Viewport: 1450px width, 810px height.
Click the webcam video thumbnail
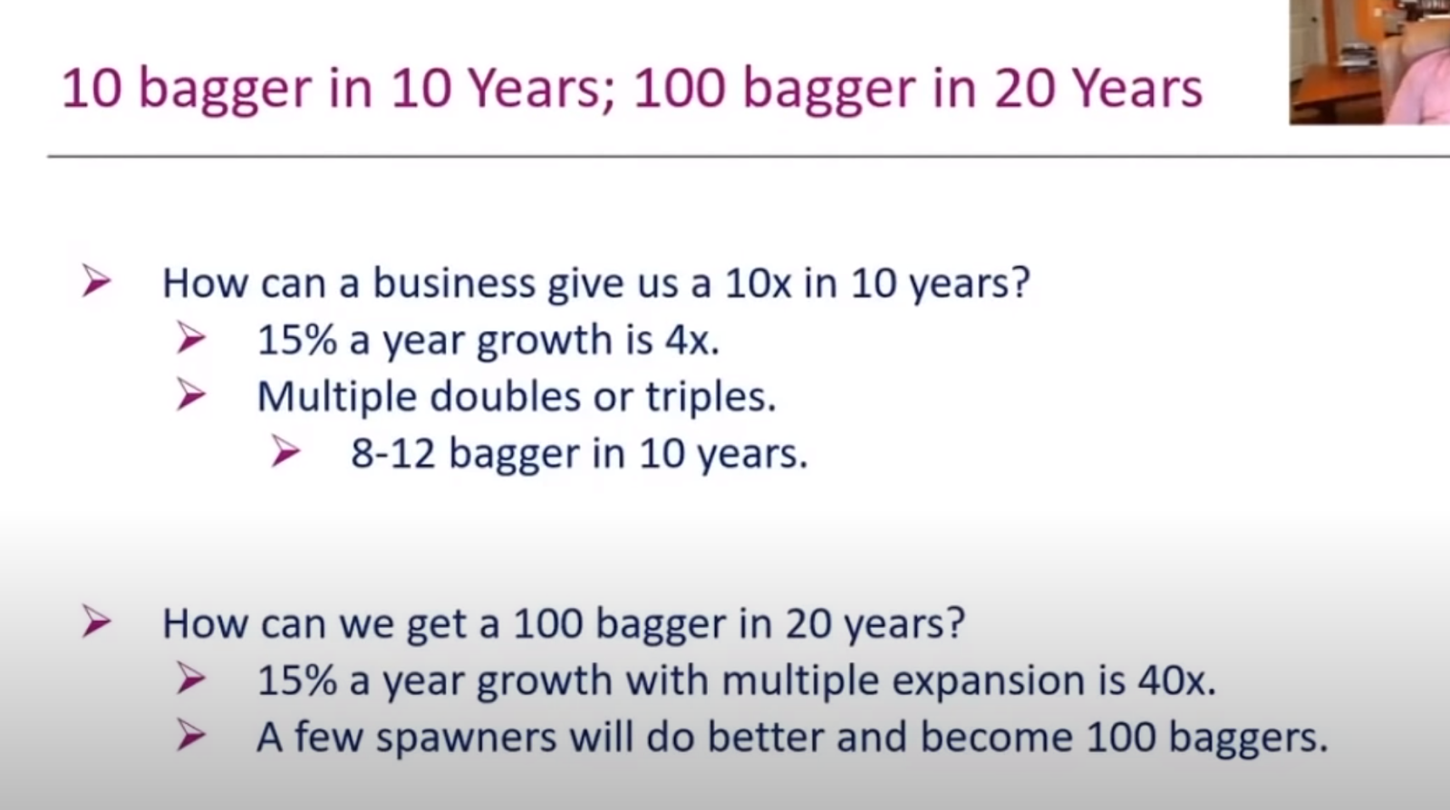pyautogui.click(x=1369, y=62)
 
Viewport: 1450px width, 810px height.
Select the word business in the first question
pyautogui.click(x=454, y=283)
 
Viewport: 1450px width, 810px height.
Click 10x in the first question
pyautogui.click(x=758, y=284)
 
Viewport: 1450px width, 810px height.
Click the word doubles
pyautogui.click(x=505, y=396)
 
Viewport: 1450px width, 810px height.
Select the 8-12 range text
pyautogui.click(x=393, y=453)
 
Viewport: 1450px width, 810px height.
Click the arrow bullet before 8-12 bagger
pyautogui.click(x=285, y=451)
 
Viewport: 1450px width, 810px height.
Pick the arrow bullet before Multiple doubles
pyautogui.click(x=191, y=395)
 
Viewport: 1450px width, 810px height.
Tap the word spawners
pyautogui.click(x=466, y=738)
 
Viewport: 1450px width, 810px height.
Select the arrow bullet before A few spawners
pyautogui.click(x=191, y=737)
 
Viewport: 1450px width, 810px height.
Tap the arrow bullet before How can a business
pyautogui.click(x=96, y=282)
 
